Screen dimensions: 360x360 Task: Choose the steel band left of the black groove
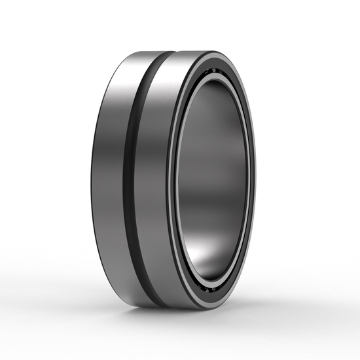click(x=111, y=177)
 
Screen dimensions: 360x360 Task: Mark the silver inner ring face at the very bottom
click(x=209, y=294)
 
